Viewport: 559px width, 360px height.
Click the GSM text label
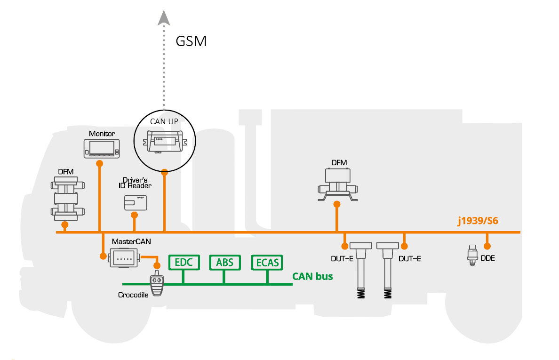(191, 41)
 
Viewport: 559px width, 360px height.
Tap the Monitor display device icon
(102, 147)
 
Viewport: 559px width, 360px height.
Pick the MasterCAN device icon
(124, 258)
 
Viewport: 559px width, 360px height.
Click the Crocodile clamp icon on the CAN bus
(157, 284)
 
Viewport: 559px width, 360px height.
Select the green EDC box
(184, 263)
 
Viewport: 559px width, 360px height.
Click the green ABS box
(224, 263)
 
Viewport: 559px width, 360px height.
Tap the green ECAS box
(267, 263)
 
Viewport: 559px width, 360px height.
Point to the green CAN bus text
(312, 276)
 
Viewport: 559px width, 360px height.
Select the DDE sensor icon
(472, 255)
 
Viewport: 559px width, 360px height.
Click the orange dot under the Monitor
(99, 163)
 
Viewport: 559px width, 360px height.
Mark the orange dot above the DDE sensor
(487, 246)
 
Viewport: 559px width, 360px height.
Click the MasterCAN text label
(125, 241)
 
